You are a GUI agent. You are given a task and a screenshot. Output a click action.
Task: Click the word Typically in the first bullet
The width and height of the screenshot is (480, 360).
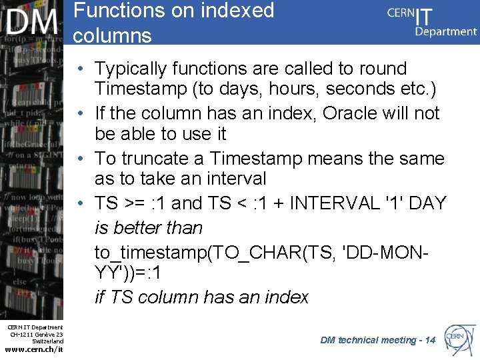pos(131,69)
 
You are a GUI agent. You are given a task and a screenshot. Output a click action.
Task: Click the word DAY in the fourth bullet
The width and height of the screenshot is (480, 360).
pos(427,203)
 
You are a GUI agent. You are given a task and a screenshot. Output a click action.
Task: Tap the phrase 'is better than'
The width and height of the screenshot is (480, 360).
pos(149,228)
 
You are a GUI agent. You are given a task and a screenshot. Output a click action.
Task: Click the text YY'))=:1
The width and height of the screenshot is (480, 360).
pos(127,273)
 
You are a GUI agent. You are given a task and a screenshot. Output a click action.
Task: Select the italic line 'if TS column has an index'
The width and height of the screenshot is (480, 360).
pos(201,297)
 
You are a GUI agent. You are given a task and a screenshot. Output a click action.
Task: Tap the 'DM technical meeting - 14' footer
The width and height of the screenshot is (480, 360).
pos(377,340)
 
